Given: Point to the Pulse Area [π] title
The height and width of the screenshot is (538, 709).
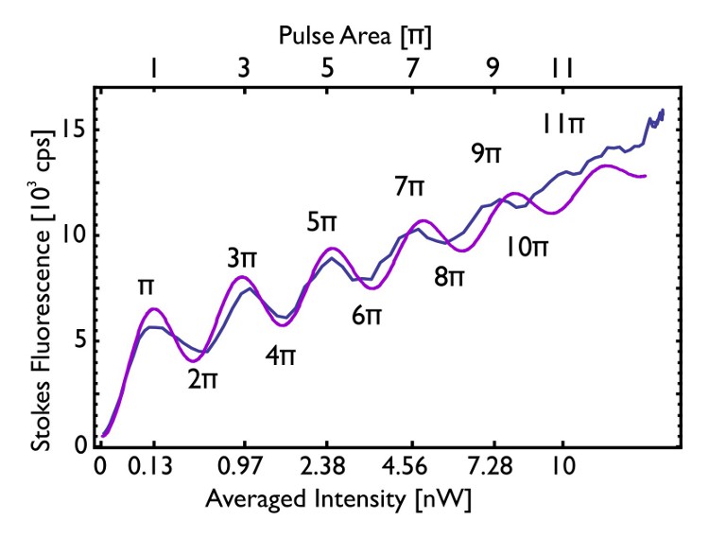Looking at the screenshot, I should pyautogui.click(x=355, y=36).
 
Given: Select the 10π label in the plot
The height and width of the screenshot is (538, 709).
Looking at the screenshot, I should pyautogui.click(x=527, y=249).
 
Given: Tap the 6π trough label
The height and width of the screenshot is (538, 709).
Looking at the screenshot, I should pyautogui.click(x=367, y=317).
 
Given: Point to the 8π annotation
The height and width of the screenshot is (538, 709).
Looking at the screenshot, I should pyautogui.click(x=450, y=278).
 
